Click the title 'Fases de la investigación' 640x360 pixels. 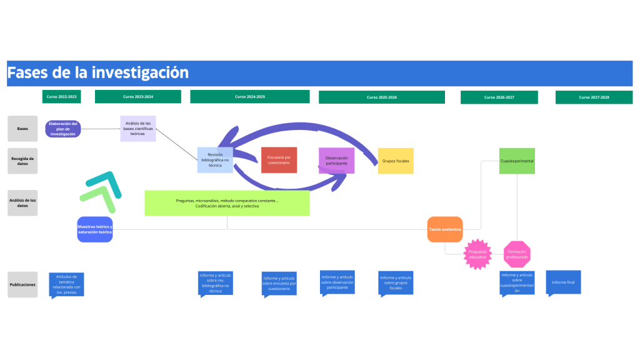pos(98,72)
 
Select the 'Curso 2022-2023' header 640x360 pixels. pos(61,97)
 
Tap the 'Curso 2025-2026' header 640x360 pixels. pos(381,97)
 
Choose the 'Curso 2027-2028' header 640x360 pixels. pos(594,97)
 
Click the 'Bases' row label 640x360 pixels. pos(22,129)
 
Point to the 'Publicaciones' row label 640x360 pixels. pos(22,284)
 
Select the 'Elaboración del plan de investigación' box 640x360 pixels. pos(62,129)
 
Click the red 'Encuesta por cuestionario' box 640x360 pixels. pos(279,160)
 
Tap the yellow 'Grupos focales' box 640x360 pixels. pos(396,161)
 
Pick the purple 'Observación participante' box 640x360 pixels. pos(336,161)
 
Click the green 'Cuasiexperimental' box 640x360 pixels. pos(517,161)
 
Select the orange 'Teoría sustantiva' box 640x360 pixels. pos(445,229)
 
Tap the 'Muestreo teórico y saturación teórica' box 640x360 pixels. pos(95,229)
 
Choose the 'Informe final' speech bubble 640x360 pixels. pos(563,282)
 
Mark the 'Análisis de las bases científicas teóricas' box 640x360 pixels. pos(138,128)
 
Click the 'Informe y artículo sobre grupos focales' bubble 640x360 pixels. pos(396,283)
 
